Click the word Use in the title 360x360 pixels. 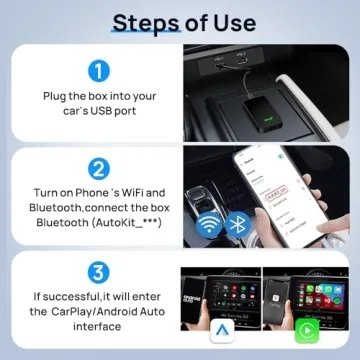pos(229,22)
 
